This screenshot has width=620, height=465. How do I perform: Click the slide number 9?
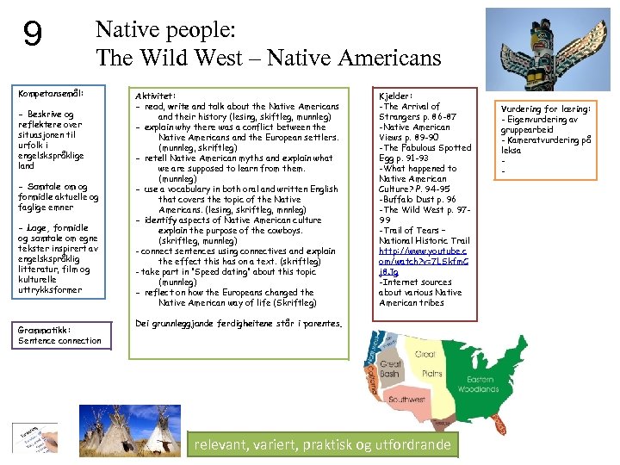tap(32, 34)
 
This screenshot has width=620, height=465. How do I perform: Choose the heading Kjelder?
tap(396, 96)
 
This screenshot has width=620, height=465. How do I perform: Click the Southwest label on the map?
tap(406, 400)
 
